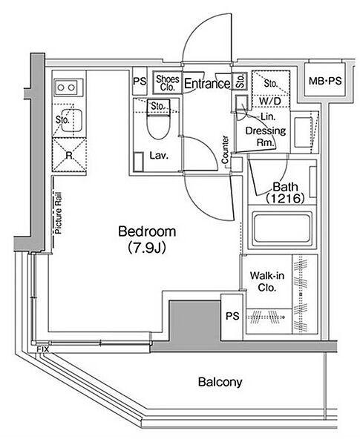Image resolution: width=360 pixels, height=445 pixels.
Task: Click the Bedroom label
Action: (147, 231)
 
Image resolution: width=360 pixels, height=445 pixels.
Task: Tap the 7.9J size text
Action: (147, 248)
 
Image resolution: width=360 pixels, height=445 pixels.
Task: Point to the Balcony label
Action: (220, 382)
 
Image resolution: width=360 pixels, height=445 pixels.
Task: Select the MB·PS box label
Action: (325, 81)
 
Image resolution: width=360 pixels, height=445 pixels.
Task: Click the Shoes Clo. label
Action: (168, 83)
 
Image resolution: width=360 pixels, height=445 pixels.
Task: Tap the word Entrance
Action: (207, 83)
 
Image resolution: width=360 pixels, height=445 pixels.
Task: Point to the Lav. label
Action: (159, 155)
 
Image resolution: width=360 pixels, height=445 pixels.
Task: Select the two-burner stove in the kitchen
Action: (66, 87)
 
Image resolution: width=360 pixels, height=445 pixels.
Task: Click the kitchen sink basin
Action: (71, 120)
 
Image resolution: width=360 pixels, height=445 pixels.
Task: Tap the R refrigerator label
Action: (69, 155)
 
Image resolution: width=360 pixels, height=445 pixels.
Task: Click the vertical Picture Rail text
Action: (58, 213)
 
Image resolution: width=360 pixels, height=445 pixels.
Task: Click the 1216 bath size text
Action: (285, 198)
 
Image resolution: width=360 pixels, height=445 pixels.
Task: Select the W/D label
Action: (269, 101)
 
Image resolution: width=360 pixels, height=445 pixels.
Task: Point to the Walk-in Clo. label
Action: (267, 282)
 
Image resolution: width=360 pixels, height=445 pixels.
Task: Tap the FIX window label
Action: (43, 349)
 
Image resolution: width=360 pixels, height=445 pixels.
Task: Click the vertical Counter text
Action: (225, 150)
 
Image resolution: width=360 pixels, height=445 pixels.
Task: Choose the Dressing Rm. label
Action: (266, 136)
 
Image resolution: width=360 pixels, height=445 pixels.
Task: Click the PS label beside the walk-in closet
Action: (232, 316)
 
